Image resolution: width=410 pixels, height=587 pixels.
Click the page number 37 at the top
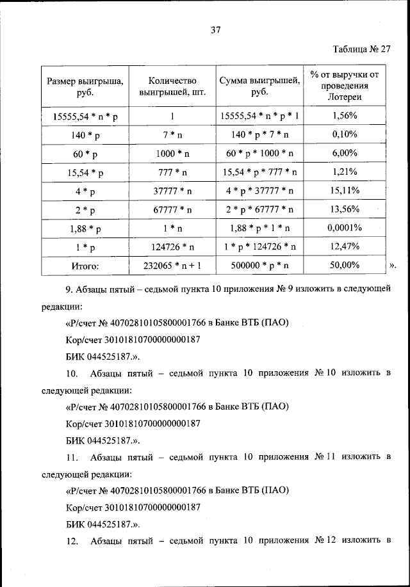(215, 29)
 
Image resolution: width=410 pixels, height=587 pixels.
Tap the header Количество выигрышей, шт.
(171, 87)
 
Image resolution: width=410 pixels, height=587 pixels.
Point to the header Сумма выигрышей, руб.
(259, 87)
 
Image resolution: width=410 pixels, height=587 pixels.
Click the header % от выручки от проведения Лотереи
(344, 87)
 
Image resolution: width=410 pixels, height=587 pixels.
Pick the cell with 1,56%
(345, 117)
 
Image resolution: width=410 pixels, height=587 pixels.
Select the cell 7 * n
(171, 136)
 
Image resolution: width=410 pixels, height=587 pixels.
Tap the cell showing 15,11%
(345, 191)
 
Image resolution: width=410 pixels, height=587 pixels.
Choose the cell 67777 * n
(171, 209)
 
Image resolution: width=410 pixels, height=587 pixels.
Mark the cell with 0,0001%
(345, 228)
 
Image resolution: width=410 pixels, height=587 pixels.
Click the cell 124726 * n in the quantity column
(171, 246)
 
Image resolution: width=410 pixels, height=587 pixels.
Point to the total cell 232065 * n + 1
(171, 265)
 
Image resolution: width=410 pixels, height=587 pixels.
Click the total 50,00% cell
(345, 265)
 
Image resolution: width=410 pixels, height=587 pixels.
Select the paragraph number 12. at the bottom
(72, 542)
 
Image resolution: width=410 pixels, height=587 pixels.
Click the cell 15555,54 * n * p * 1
(259, 117)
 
